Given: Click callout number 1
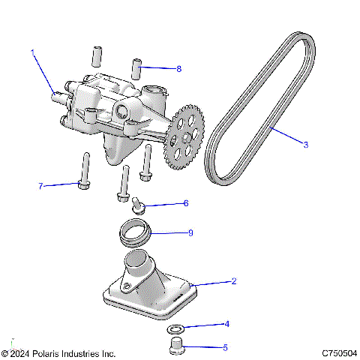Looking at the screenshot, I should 33,52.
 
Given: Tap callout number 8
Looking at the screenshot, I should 178,69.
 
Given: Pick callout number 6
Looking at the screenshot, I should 186,203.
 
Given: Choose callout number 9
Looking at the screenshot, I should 190,233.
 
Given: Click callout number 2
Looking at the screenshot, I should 234,282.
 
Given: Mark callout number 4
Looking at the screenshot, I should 227,325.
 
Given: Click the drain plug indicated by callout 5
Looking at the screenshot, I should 175,346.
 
